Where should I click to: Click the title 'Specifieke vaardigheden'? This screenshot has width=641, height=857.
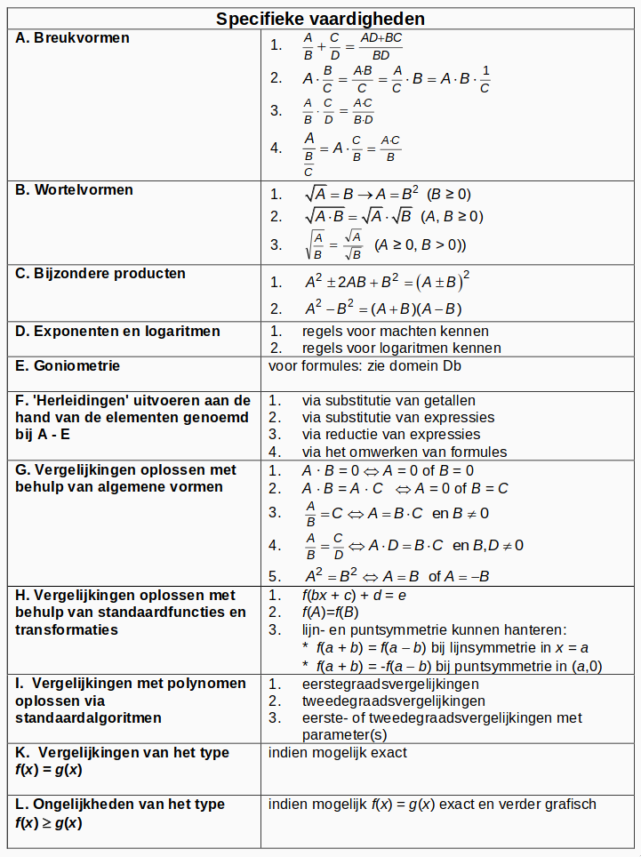(321, 19)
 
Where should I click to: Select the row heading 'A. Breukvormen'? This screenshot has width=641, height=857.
(73, 38)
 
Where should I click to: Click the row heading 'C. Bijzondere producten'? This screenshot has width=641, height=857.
(100, 274)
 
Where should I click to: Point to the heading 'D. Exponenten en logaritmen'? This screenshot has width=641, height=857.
(118, 332)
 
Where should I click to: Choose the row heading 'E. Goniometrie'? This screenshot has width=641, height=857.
(68, 365)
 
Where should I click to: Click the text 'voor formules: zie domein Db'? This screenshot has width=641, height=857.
(365, 365)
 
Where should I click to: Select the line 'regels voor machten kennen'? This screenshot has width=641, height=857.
(395, 332)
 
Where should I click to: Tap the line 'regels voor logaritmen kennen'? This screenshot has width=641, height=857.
(402, 348)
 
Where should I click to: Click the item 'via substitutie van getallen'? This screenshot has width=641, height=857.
(389, 401)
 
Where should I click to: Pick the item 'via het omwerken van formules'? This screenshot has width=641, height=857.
(405, 452)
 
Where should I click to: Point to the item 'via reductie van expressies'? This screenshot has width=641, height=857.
(391, 435)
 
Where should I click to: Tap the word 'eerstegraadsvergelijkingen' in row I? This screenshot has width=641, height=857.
(390, 685)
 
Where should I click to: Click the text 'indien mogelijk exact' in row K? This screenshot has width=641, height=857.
(338, 753)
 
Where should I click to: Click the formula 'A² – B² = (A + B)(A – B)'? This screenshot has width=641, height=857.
(383, 309)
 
